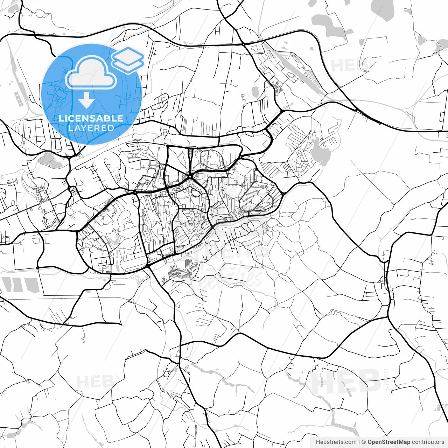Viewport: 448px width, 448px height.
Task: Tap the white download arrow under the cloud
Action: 86,100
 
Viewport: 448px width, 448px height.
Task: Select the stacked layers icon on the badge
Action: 128,59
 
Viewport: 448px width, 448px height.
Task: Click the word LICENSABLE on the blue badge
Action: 91,118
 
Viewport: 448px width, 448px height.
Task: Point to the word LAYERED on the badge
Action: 91,128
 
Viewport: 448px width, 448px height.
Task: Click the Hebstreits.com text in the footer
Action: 336,442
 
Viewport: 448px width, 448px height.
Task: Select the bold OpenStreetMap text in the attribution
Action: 388,442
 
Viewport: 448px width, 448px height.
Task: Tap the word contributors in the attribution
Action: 428,442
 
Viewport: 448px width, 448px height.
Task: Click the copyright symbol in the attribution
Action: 364,442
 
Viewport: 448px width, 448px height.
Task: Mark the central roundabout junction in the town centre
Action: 190,177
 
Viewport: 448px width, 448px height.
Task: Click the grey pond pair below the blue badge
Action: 49,160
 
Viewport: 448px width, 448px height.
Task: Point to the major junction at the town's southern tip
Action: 148,267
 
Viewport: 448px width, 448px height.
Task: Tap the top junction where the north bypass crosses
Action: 243,44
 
